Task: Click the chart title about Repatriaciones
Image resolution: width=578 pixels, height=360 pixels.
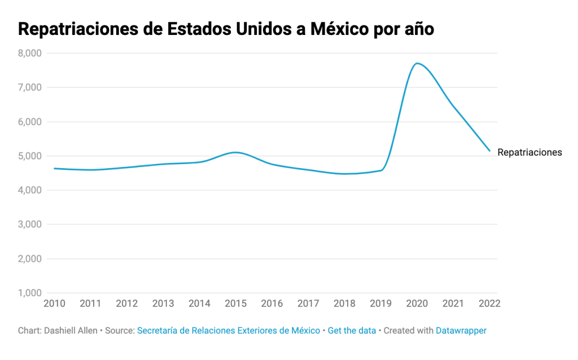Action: [x=226, y=29]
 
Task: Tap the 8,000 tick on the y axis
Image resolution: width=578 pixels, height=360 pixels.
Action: [x=29, y=53]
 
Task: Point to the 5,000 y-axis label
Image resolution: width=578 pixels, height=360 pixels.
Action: [x=29, y=156]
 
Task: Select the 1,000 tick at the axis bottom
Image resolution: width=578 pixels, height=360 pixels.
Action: [x=29, y=293]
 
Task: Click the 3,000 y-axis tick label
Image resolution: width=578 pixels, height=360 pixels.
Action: [x=29, y=225]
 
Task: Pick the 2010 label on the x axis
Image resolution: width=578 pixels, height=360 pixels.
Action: [x=54, y=304]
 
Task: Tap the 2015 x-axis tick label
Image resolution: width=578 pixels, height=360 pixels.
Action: [x=235, y=304]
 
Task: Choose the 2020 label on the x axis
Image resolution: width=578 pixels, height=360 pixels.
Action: [x=417, y=304]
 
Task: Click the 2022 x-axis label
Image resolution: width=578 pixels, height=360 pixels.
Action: [x=489, y=304]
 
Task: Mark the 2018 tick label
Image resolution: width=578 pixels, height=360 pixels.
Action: [x=344, y=304]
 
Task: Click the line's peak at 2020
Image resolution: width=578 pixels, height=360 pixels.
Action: [x=417, y=63]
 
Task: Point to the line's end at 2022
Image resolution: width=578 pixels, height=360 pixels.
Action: [x=489, y=151]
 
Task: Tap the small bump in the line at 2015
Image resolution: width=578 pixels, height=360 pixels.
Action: [x=236, y=152]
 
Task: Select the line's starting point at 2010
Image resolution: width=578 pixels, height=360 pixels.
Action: [x=55, y=168]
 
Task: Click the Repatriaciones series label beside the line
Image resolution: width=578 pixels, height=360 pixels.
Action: [x=529, y=152]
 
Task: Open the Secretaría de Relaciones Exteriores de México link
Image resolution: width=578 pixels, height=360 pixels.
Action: [x=229, y=331]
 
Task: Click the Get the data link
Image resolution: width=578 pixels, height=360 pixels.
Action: [x=352, y=331]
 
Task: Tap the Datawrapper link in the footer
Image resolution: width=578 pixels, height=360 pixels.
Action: [x=461, y=331]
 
